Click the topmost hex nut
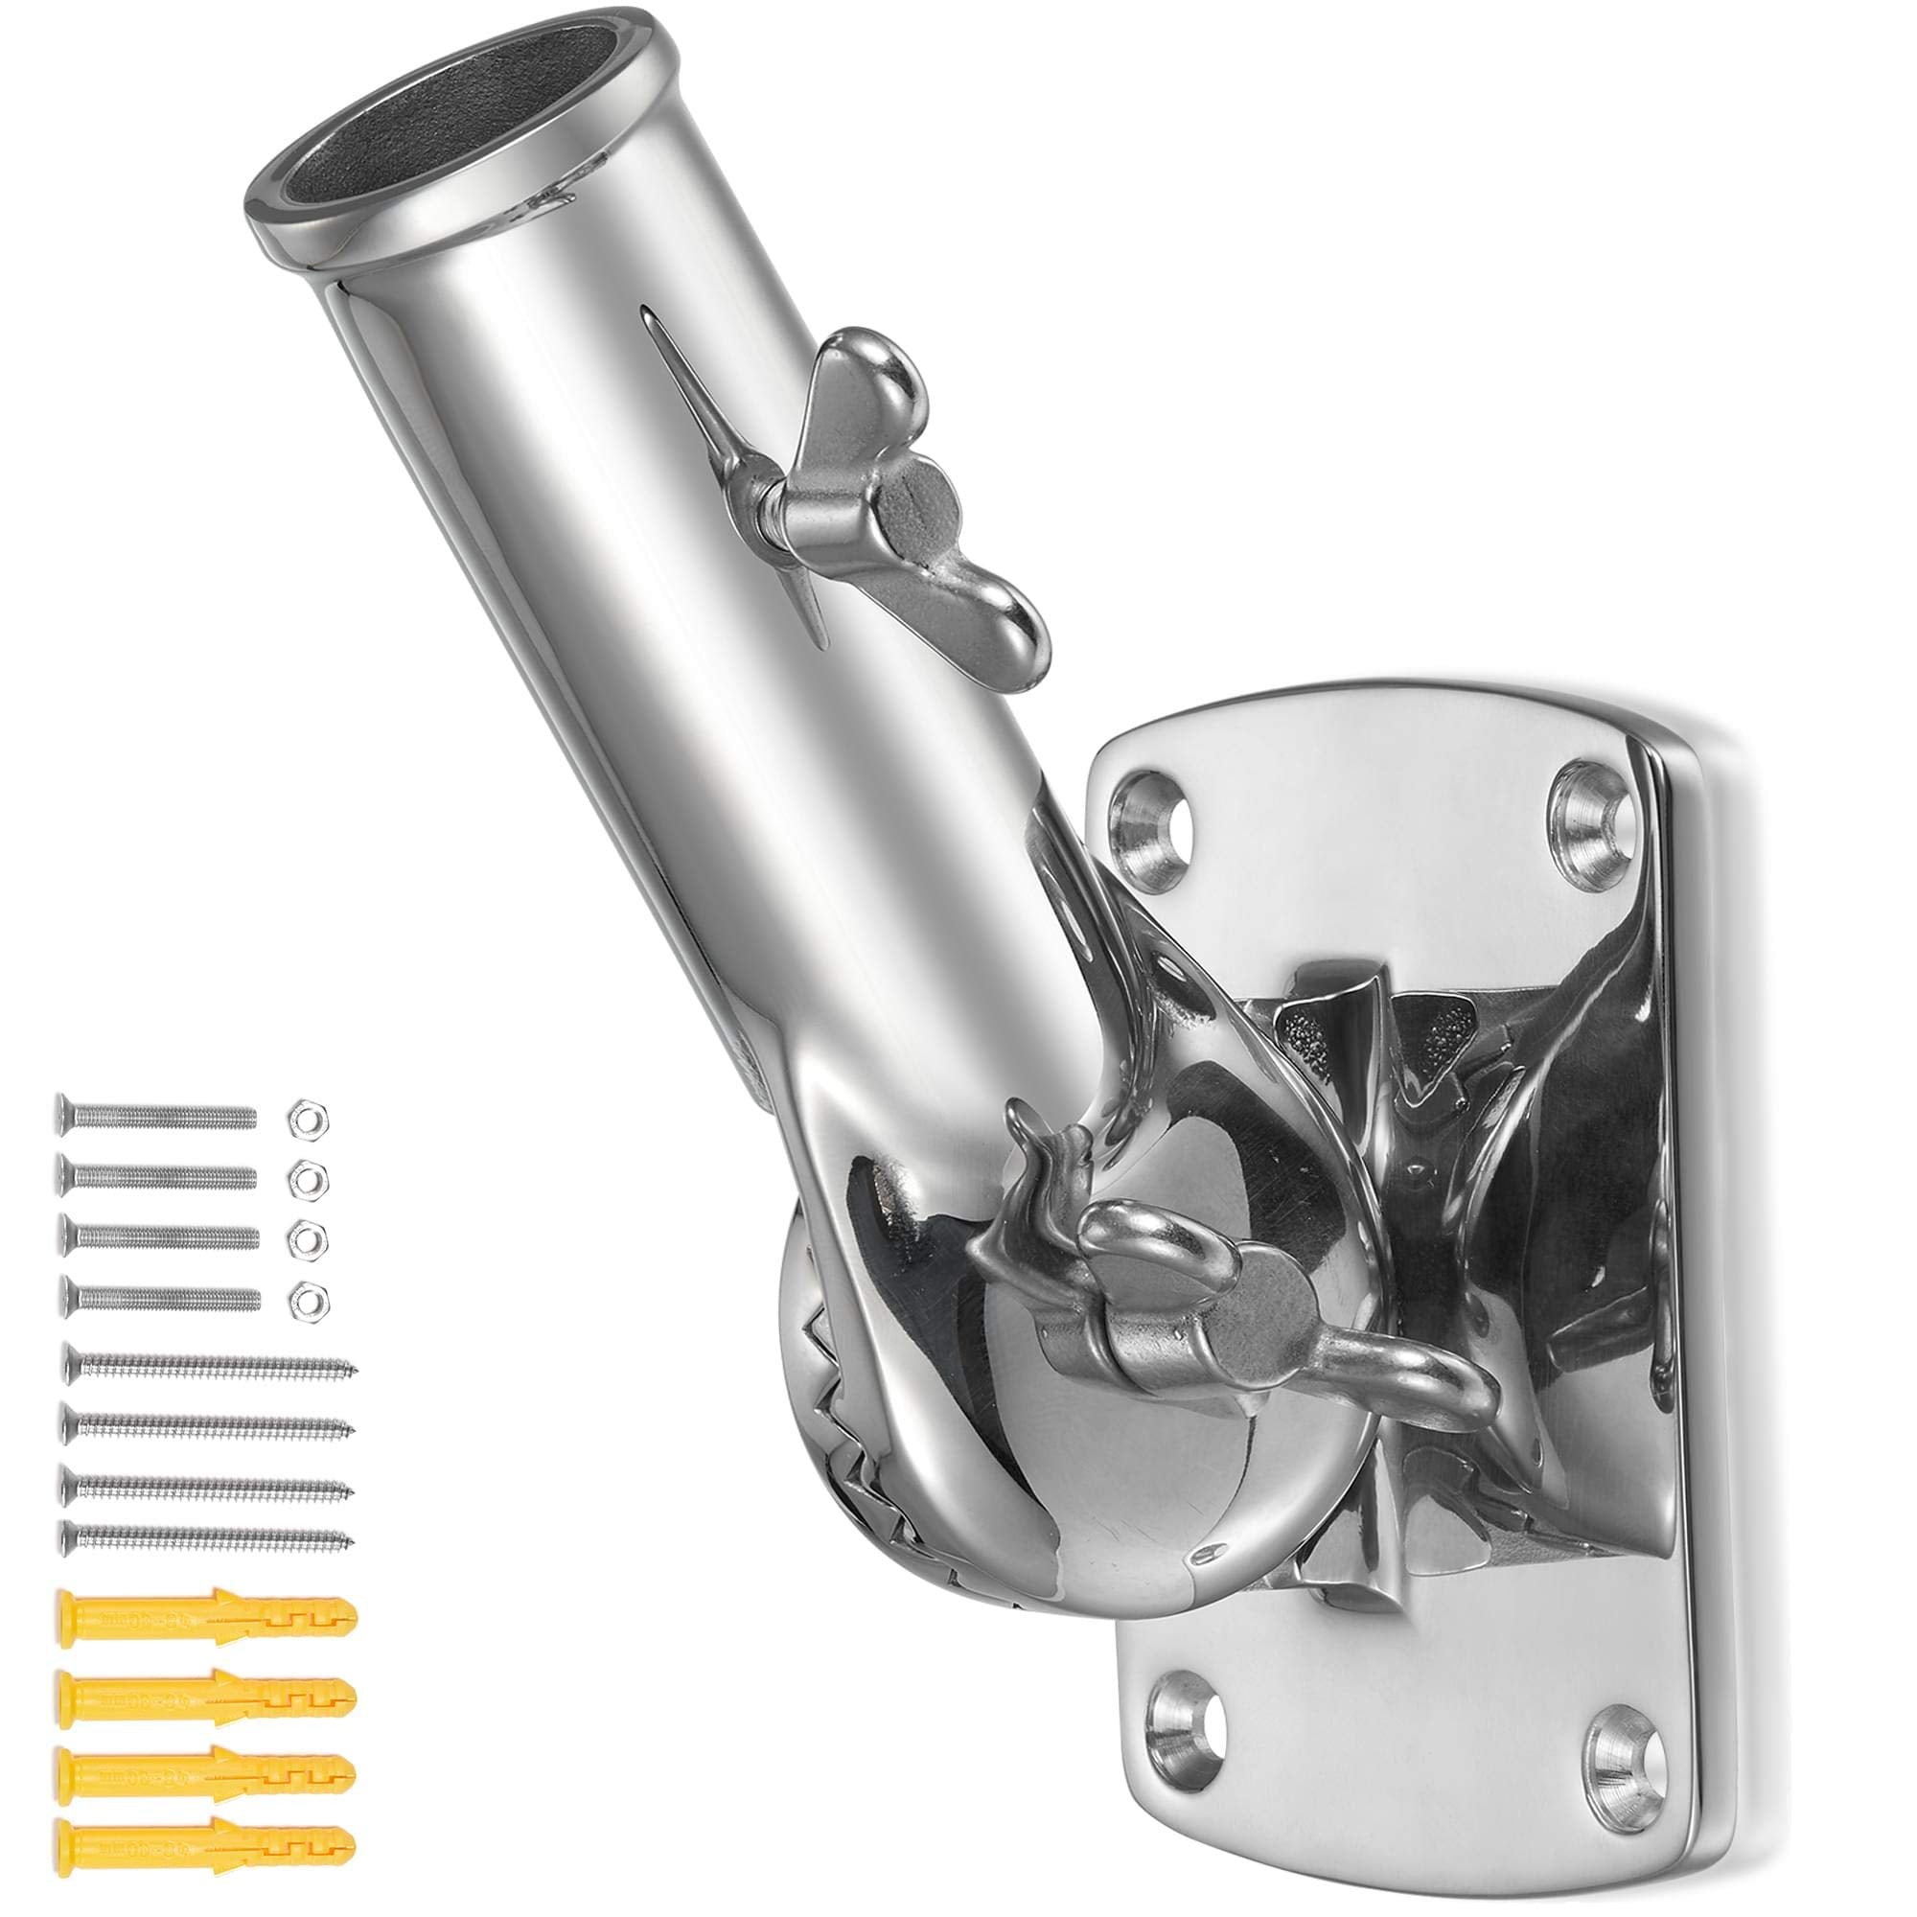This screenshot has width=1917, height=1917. [308, 1118]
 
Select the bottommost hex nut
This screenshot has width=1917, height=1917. [308, 1297]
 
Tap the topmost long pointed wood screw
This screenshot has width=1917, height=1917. [208, 1369]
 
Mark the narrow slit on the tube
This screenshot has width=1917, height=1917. [734, 476]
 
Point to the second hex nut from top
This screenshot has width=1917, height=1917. [308, 1177]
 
